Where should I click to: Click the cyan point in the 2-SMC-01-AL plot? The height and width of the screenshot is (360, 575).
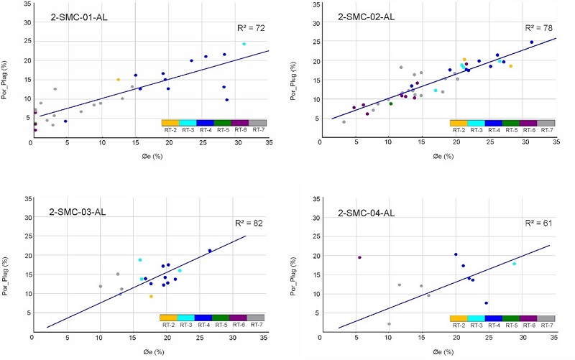click(x=244, y=44)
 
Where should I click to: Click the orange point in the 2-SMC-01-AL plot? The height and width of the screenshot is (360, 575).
click(x=119, y=80)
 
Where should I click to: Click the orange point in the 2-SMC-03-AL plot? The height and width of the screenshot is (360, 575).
click(x=151, y=296)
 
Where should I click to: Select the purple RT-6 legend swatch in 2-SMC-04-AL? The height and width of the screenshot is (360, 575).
click(x=528, y=318)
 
